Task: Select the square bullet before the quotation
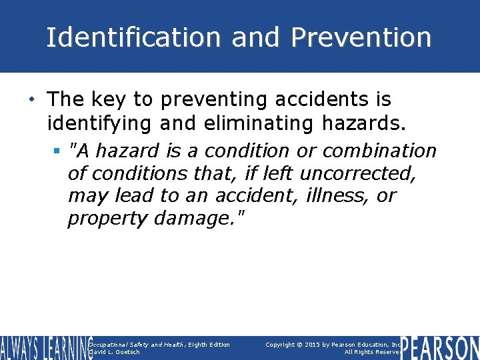(58, 151)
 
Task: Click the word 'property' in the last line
(107, 219)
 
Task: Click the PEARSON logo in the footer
(441, 348)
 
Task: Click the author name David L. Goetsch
(114, 352)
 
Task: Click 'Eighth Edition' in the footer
(209, 344)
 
